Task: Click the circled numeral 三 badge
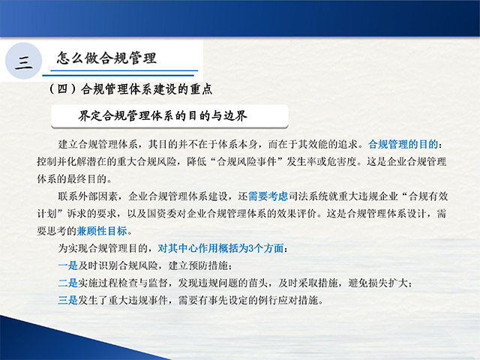point(23,61)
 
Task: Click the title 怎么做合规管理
point(106,58)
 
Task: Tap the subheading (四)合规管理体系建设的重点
point(130,89)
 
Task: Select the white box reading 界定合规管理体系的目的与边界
point(169,116)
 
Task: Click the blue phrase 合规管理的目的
point(403,144)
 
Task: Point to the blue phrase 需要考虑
point(268,196)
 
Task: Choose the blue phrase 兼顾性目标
point(102,231)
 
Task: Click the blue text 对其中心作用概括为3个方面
point(220,248)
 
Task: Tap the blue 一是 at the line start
point(68,265)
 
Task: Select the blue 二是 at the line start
point(68,283)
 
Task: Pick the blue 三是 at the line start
point(68,300)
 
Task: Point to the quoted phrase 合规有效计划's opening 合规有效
point(428,196)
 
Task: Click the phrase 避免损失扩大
point(378,283)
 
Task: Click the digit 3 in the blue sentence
point(251,248)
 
